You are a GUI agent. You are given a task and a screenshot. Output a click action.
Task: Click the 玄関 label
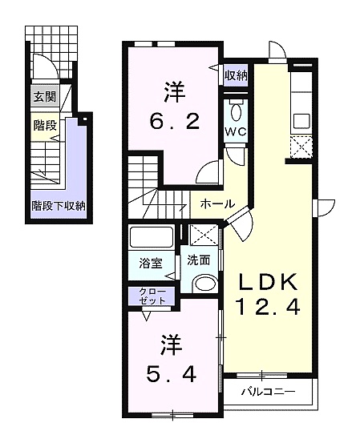coord(45,97)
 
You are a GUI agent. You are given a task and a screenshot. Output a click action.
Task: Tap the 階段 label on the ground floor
coord(45,125)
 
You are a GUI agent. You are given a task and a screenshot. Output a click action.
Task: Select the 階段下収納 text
coord(59,206)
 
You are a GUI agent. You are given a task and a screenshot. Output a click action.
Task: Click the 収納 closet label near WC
coord(236,75)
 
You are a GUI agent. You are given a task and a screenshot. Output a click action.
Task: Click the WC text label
coord(236,131)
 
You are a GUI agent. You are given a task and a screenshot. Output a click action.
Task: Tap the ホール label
coord(217,203)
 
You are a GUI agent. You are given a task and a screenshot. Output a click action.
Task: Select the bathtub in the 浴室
coord(152,237)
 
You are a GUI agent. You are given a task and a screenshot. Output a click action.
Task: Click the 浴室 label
coord(151,264)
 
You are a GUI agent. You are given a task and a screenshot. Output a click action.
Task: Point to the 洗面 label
coord(199,260)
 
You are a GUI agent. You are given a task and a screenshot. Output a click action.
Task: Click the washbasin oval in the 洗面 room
coord(205,283)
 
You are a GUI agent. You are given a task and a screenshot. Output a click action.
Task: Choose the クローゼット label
coord(152,296)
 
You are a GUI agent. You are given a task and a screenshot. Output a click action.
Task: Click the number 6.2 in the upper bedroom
coord(175,122)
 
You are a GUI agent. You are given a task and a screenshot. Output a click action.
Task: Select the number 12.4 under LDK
coord(268,307)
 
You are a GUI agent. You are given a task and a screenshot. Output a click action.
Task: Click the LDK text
coord(269,282)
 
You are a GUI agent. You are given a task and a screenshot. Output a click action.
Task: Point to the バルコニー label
coord(268,392)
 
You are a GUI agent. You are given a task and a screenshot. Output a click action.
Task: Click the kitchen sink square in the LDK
coord(301,121)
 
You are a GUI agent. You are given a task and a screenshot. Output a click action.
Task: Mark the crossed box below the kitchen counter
coord(301,147)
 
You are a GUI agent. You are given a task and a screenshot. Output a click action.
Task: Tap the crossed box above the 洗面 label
coord(204,235)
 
